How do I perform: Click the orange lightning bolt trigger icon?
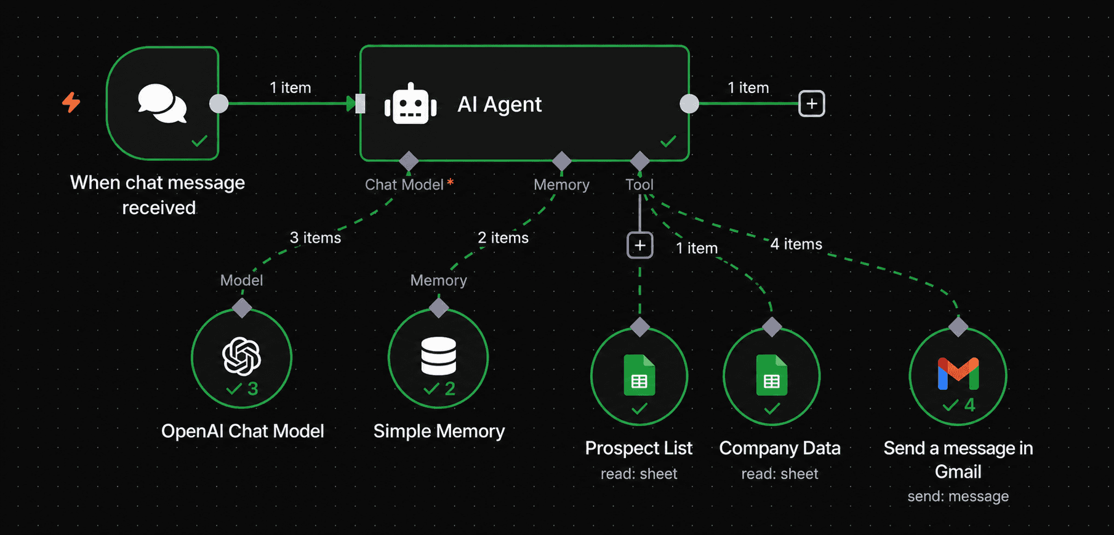[71, 102]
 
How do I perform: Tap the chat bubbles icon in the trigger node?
[162, 103]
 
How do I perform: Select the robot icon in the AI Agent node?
[411, 104]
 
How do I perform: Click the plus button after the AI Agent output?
[812, 103]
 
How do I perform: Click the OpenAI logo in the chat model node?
[241, 356]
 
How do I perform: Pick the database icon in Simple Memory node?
[438, 356]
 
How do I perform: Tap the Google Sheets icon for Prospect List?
[639, 375]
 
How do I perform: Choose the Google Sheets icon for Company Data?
[772, 375]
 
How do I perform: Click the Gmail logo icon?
[958, 374]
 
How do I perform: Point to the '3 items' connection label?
[315, 238]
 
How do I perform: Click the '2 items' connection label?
[503, 238]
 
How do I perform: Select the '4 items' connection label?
[796, 244]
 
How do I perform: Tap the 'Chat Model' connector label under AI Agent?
[404, 185]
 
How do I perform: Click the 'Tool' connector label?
[639, 185]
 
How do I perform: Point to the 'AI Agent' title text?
[499, 104]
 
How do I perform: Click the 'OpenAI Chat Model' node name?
[242, 431]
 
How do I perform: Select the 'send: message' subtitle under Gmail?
[958, 496]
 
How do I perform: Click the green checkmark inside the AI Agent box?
[668, 142]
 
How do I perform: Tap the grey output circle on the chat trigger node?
[218, 103]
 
